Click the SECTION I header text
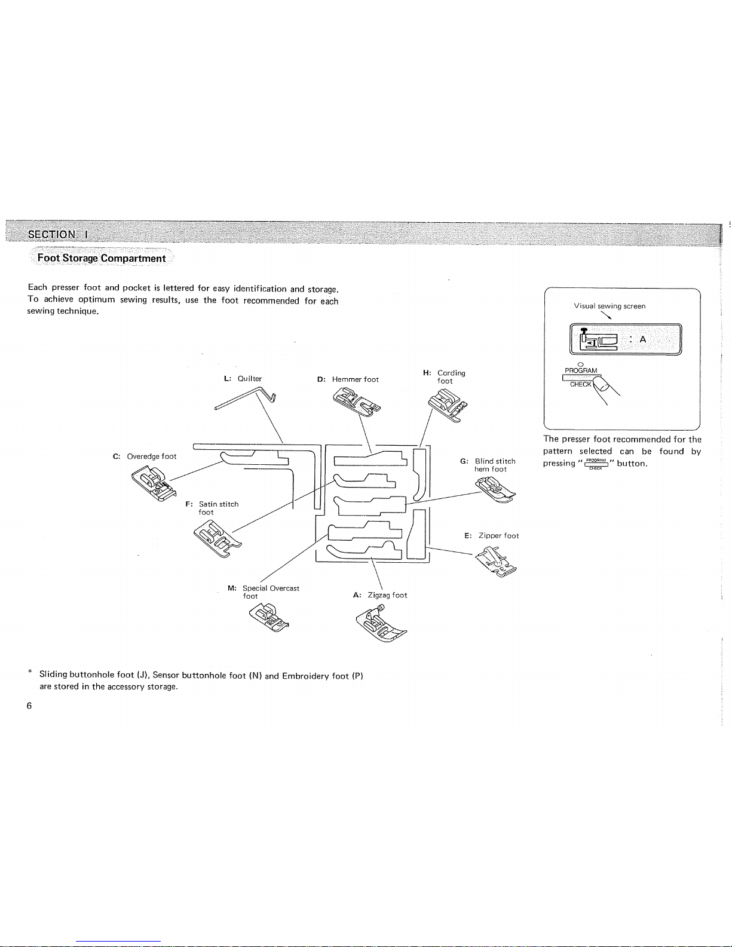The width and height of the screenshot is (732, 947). tap(58, 234)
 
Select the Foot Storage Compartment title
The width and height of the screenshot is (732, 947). tap(101, 258)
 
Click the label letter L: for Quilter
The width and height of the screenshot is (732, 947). tap(227, 379)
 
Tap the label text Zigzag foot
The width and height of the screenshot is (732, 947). tap(387, 595)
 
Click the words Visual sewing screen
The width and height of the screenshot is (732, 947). tap(609, 306)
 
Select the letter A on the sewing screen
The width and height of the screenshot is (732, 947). tap(643, 339)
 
